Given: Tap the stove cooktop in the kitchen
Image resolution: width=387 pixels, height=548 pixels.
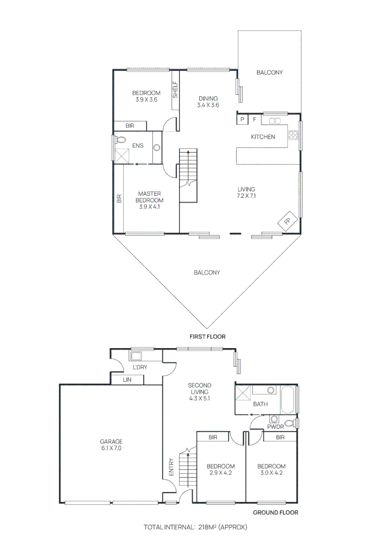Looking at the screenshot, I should click(x=293, y=135).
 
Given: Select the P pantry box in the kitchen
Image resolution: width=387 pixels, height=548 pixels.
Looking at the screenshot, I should click(x=242, y=120).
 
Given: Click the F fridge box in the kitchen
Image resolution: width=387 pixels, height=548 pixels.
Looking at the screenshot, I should click(x=254, y=120).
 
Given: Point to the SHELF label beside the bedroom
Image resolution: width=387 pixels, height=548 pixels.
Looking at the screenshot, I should click(x=175, y=90).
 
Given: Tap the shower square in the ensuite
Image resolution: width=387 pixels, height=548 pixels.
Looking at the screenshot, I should click(x=121, y=155).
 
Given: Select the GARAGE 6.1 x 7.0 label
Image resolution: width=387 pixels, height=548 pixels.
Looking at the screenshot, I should click(x=111, y=444).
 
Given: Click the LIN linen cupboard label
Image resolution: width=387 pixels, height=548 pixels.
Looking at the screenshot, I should click(x=127, y=380).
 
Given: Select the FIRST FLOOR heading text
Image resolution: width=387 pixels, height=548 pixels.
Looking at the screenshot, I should click(x=207, y=336).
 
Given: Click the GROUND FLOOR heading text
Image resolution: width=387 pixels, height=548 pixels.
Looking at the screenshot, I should click(x=275, y=512).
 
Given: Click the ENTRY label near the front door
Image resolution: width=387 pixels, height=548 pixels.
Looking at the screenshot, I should click(x=171, y=468).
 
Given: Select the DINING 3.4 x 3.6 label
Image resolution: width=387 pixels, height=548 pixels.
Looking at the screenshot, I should click(x=208, y=101).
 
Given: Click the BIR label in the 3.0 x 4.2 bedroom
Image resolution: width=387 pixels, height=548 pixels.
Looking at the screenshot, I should click(x=280, y=437).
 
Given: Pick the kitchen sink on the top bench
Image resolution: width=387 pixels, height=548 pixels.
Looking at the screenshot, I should click(x=275, y=121).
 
